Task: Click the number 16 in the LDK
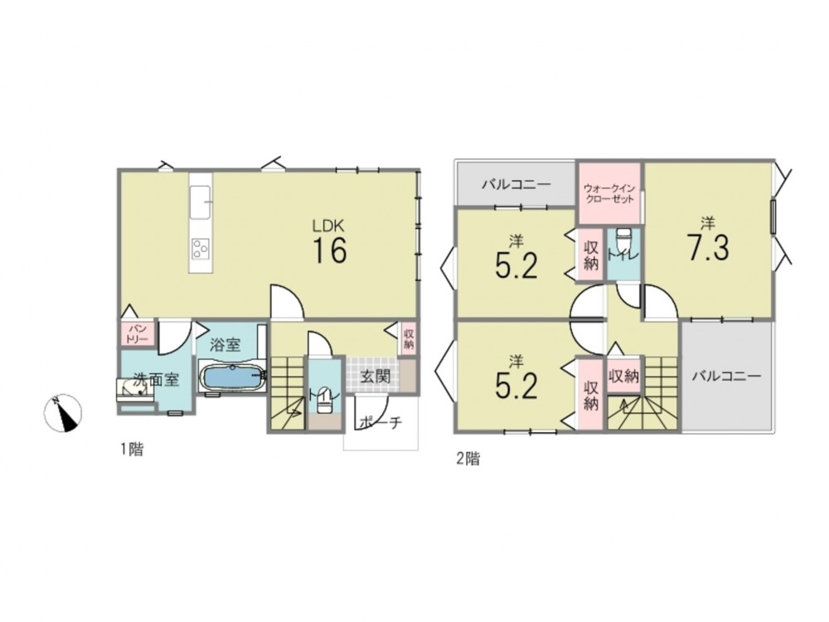(330, 250)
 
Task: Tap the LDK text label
(328, 226)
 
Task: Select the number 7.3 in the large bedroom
(708, 247)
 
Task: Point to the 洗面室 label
(156, 379)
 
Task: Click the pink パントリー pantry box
(137, 333)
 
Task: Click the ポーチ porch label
(381, 423)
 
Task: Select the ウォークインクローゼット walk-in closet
(609, 193)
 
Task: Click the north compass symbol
(63, 412)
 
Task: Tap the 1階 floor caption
(131, 449)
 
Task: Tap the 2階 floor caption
(468, 458)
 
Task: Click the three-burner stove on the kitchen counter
(201, 249)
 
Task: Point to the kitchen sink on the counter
(200, 202)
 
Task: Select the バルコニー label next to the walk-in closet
(516, 185)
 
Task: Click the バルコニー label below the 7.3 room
(726, 376)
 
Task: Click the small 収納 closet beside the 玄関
(408, 338)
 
